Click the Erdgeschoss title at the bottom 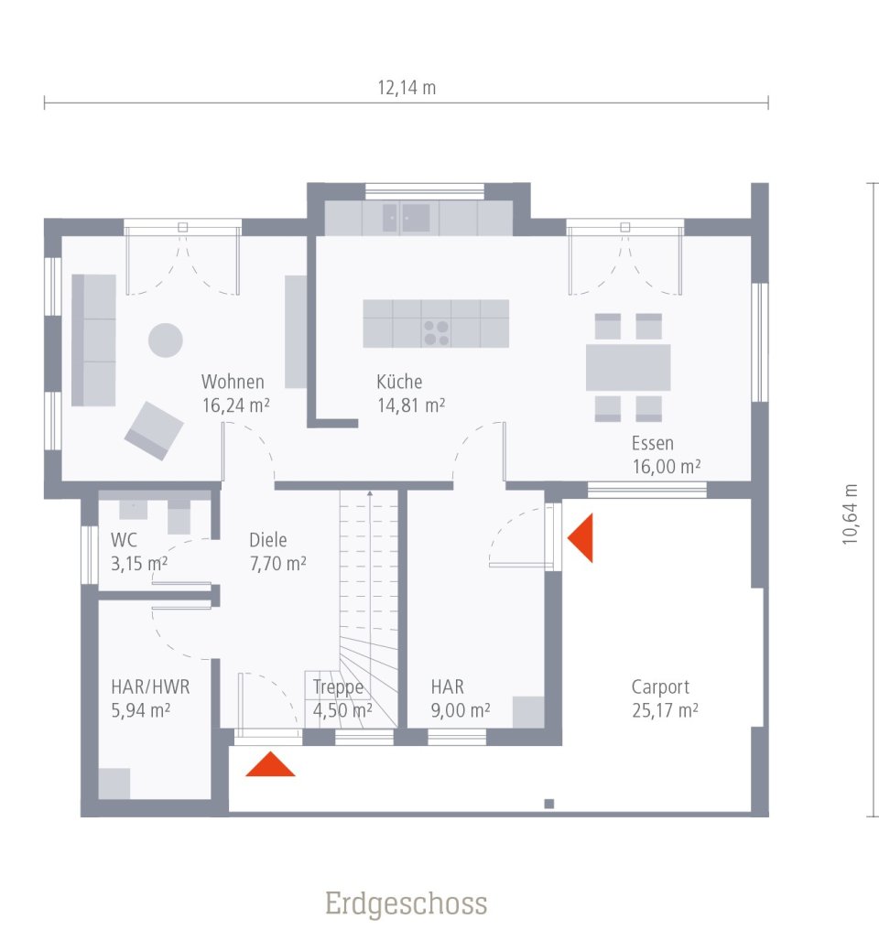pyautogui.click(x=406, y=904)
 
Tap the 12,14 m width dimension pyautogui.click(x=407, y=88)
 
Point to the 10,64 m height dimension pyautogui.click(x=851, y=514)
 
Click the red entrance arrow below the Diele pyautogui.click(x=270, y=765)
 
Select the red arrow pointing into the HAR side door pyautogui.click(x=582, y=537)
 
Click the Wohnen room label pyautogui.click(x=233, y=383)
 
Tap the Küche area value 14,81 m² pyautogui.click(x=411, y=405)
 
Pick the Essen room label pyautogui.click(x=653, y=444)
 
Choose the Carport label pyautogui.click(x=660, y=686)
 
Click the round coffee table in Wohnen pyautogui.click(x=166, y=340)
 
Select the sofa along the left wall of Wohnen pyautogui.click(x=93, y=340)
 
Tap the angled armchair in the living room pyautogui.click(x=154, y=429)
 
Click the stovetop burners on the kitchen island pyautogui.click(x=436, y=331)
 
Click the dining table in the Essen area pyautogui.click(x=628, y=367)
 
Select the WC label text pyautogui.click(x=124, y=540)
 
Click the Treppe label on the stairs pyautogui.click(x=338, y=687)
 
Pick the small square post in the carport pyautogui.click(x=549, y=804)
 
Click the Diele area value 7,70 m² pyautogui.click(x=277, y=564)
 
